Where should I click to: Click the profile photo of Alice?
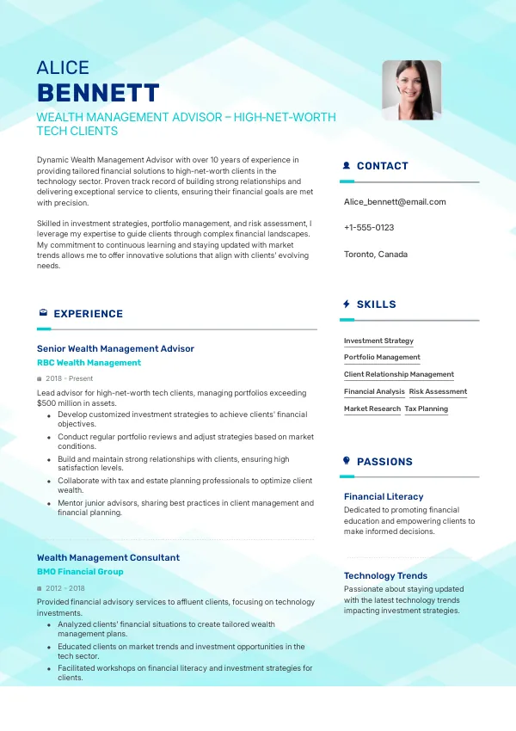click(x=411, y=89)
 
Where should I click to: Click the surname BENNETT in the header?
click(x=98, y=93)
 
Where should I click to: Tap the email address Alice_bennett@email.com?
click(x=395, y=202)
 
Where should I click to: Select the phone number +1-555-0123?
click(x=369, y=228)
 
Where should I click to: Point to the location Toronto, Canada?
click(x=376, y=255)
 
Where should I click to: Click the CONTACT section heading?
click(x=382, y=166)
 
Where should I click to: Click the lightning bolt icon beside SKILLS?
click(x=347, y=304)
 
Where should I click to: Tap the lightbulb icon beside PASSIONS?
click(x=347, y=462)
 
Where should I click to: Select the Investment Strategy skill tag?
click(x=378, y=341)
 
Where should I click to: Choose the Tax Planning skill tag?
click(x=427, y=409)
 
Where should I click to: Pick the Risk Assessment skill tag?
click(x=438, y=392)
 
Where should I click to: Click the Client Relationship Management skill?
click(x=399, y=375)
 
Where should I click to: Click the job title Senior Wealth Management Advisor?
click(x=115, y=348)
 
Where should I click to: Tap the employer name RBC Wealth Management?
click(x=89, y=363)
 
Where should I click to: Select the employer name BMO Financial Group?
click(x=80, y=572)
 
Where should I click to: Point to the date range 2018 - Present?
click(x=69, y=378)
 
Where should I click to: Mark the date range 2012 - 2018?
click(x=64, y=588)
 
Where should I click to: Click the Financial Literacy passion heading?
click(x=384, y=496)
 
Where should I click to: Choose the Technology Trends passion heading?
click(x=385, y=576)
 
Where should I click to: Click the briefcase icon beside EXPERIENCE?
click(x=43, y=314)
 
